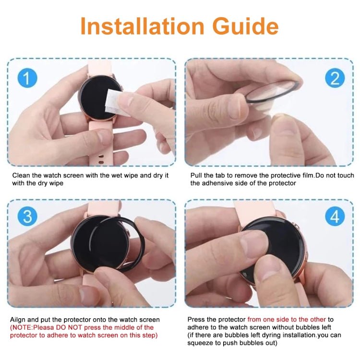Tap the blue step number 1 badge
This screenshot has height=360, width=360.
tap(27, 78)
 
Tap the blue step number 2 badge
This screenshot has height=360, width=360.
tap(334, 78)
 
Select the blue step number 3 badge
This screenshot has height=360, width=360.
tap(27, 216)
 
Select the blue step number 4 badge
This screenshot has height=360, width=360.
tap(334, 216)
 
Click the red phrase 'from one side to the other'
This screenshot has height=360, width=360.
tap(287, 319)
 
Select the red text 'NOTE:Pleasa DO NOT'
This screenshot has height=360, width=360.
tap(41, 327)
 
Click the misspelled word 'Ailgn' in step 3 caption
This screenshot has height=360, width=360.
tap(18, 320)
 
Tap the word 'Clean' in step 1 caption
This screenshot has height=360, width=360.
tap(21, 176)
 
